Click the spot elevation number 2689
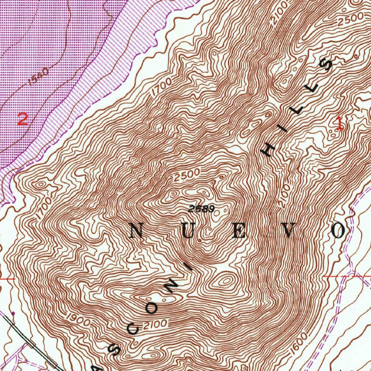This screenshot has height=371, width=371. pyautogui.click(x=202, y=209)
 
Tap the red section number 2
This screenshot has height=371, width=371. pyautogui.click(x=22, y=119)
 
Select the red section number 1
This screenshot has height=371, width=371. pyautogui.click(x=339, y=123)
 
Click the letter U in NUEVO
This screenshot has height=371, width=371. pyautogui.click(x=189, y=230)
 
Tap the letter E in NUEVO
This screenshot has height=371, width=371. pyautogui.click(x=239, y=230)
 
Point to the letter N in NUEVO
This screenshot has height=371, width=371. pyautogui.click(x=136, y=230)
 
